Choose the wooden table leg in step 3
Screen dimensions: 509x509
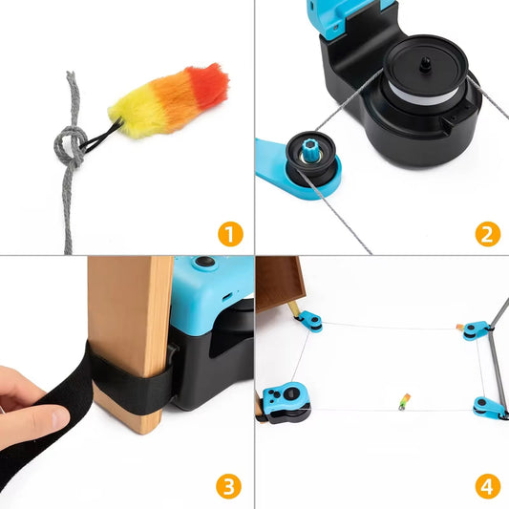[129, 325]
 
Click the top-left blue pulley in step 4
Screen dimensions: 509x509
[309, 320]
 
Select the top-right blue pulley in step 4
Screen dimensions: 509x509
[474, 329]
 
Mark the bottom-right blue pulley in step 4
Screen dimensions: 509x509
[486, 408]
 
